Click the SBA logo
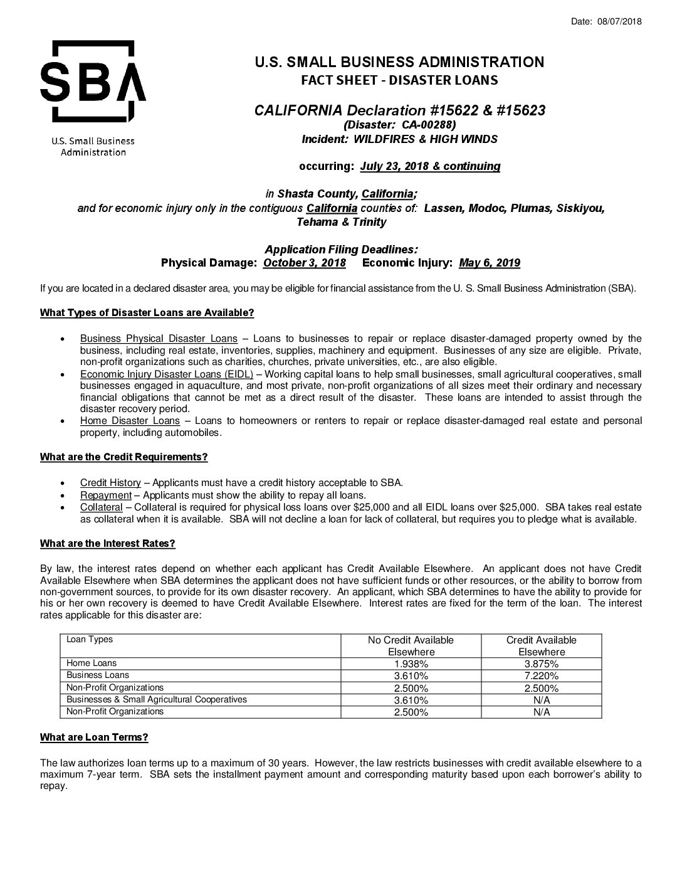click(x=93, y=82)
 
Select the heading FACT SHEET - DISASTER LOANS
click(x=399, y=80)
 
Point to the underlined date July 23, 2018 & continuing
click(x=430, y=166)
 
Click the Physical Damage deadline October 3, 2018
click(x=305, y=263)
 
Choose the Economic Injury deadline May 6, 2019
click(x=490, y=263)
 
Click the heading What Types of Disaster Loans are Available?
click(x=147, y=313)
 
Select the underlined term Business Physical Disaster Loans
click(x=159, y=339)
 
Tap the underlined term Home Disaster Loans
click(x=130, y=421)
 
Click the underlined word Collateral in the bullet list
click(x=101, y=507)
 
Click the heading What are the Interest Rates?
click(x=107, y=543)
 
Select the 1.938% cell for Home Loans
click(x=411, y=664)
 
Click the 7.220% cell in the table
click(x=541, y=675)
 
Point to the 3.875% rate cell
click(x=541, y=664)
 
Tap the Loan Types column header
click(x=90, y=640)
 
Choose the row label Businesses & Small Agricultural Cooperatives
click(x=157, y=699)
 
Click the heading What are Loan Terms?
click(x=94, y=737)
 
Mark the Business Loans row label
click(x=98, y=675)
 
